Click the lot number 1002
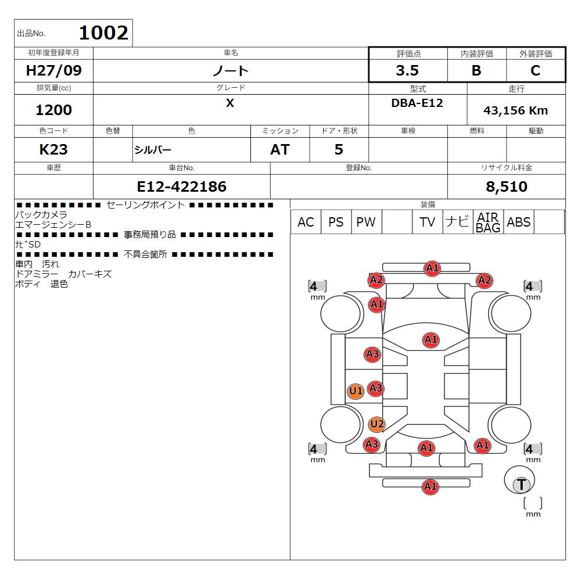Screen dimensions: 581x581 click(104, 33)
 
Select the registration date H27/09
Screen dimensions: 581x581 click(53, 70)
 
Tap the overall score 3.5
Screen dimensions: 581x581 click(407, 70)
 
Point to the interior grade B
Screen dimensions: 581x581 click(476, 70)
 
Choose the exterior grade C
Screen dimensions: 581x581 click(535, 70)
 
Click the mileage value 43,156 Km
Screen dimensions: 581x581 click(515, 110)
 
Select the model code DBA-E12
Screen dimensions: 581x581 click(417, 103)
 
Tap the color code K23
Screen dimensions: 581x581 click(53, 150)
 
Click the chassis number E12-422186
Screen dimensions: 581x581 click(181, 187)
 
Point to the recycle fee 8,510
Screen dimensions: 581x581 click(507, 187)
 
